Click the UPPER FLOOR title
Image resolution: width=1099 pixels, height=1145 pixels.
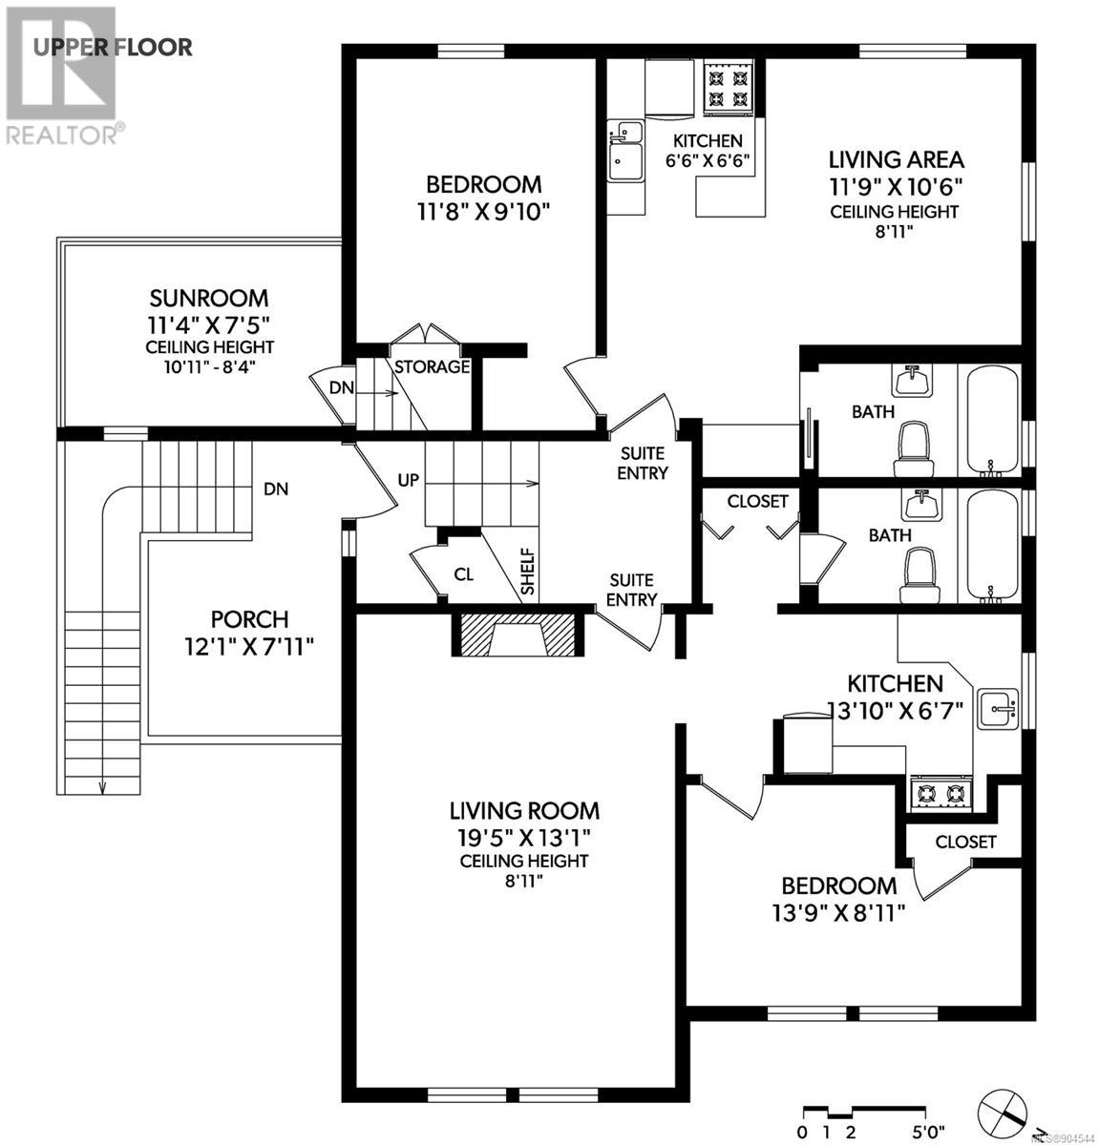113,48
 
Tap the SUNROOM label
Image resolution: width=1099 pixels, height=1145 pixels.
209,299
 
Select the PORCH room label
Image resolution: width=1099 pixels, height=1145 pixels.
250,619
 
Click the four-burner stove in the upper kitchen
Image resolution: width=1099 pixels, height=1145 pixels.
728,88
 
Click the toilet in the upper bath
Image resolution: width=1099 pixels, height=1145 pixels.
913,449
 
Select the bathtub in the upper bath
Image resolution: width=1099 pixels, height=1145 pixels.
992,421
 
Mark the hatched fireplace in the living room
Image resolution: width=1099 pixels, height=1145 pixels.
517,635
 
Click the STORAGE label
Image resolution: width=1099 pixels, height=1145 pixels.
433,367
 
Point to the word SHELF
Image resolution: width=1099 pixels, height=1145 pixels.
527,572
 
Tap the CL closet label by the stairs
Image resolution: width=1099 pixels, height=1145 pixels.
464,574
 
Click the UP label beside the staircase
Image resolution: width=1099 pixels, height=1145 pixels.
409,481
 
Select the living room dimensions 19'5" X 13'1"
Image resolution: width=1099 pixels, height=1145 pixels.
524,837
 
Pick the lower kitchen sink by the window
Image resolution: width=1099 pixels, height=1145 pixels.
998,709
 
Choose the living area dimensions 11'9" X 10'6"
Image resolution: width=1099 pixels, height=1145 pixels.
896,187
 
